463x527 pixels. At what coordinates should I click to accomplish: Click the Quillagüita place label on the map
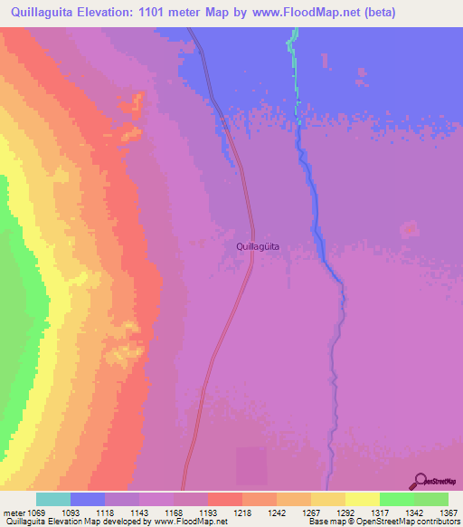pos(257,245)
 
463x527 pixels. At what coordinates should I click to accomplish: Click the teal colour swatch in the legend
pos(53,499)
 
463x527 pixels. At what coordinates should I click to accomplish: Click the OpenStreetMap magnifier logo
pos(420,481)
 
